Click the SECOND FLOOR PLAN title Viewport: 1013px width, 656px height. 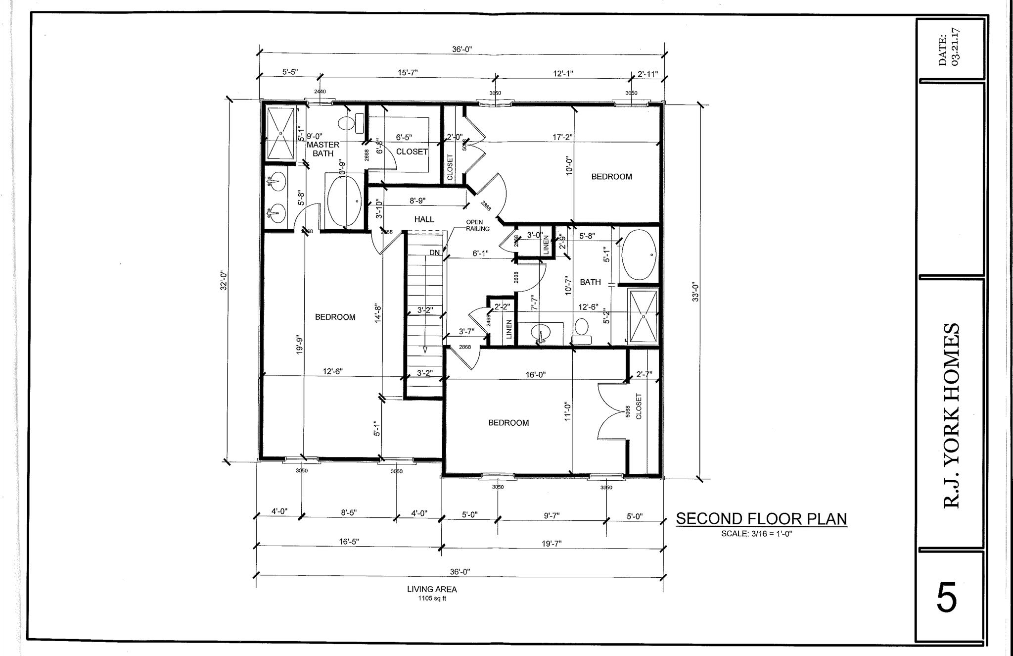point(761,519)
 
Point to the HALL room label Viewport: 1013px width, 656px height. point(424,219)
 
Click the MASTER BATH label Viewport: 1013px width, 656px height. point(323,149)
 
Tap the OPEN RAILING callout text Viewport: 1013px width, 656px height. point(478,225)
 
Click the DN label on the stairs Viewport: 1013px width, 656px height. point(434,253)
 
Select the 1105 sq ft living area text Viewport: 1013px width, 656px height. point(432,598)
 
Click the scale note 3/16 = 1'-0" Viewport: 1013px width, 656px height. point(756,534)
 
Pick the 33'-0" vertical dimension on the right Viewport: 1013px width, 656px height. point(695,292)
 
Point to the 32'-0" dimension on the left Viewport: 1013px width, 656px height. point(224,280)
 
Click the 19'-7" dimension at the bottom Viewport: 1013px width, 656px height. point(552,544)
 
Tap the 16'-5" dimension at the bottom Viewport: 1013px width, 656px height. point(349,542)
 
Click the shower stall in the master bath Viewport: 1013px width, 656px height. point(281,133)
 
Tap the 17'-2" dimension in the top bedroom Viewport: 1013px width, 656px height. point(562,137)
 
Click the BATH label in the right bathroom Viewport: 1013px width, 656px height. point(590,282)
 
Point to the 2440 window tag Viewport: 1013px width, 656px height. point(320,92)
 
